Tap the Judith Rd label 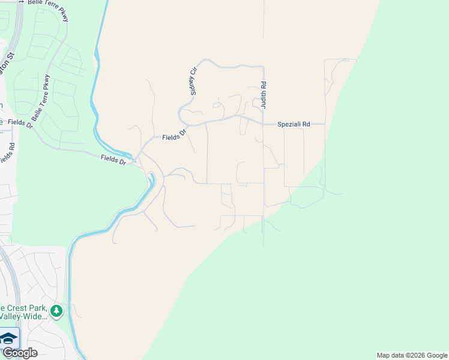coord(263,95)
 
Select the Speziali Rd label coord(294,124)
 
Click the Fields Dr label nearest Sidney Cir coord(175,137)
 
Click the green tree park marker coord(56,311)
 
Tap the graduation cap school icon coord(8,338)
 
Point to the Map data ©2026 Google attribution coord(412,355)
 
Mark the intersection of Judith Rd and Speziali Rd coord(263,124)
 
